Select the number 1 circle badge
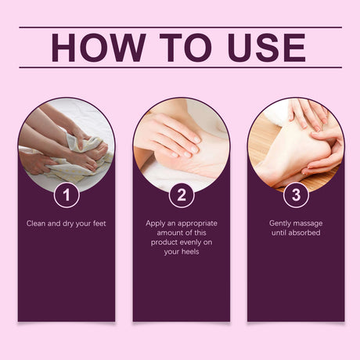click(67, 195)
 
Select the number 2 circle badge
click(181, 195)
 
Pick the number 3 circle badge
click(295, 195)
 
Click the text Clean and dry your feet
click(67, 223)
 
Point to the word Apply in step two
click(157, 223)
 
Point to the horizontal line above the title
click(180, 27)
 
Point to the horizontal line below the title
click(180, 67)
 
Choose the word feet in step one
click(104, 223)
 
